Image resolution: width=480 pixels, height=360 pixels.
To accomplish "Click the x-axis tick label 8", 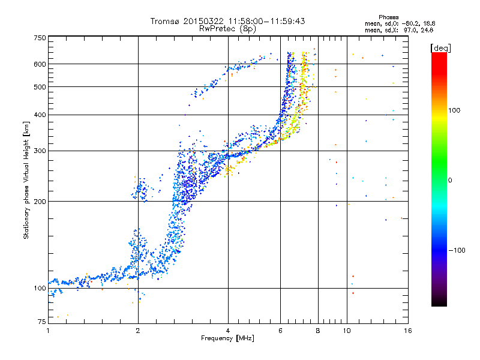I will tap(318, 331).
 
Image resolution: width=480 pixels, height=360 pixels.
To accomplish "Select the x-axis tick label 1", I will tap(48, 331).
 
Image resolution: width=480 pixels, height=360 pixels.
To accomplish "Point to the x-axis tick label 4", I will tap(228, 331).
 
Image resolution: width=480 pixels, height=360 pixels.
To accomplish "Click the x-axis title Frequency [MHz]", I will tap(227, 339).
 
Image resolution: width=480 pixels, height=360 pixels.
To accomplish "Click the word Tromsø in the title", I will tap(166, 21).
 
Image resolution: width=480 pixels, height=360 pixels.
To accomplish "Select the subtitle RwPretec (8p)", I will tap(227, 28).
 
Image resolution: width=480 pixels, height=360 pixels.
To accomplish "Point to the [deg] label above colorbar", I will tap(441, 47).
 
